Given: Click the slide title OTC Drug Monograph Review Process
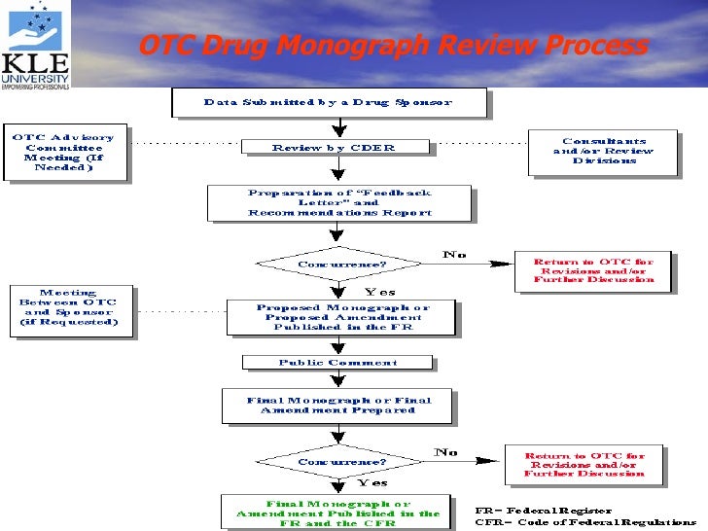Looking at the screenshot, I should (x=393, y=46).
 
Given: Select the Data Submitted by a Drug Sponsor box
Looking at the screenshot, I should (x=327, y=102).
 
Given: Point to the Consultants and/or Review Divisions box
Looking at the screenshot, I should (x=603, y=153).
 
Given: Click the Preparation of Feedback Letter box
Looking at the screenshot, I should (x=339, y=204).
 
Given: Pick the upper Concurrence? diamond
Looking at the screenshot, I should (x=337, y=264).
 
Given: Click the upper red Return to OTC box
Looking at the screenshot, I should (x=594, y=270).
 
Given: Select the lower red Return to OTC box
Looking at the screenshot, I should (x=584, y=465).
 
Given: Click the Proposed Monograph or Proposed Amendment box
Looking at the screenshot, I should (x=341, y=316).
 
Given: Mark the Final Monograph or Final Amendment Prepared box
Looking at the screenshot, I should (x=337, y=405).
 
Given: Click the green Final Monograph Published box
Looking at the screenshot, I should (x=337, y=512).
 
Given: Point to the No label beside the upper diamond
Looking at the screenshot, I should (x=454, y=255).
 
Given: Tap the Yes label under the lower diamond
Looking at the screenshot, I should (x=372, y=482).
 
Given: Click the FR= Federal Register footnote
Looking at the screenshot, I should (x=544, y=510).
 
